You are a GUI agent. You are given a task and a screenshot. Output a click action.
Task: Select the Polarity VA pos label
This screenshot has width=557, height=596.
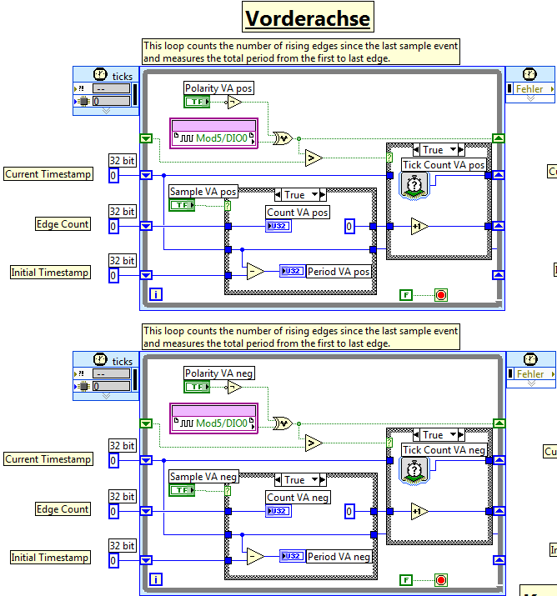(218, 88)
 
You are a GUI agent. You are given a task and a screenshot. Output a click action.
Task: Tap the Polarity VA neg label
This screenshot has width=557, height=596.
(218, 373)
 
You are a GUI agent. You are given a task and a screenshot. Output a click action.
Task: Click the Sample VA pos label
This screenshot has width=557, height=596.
(203, 192)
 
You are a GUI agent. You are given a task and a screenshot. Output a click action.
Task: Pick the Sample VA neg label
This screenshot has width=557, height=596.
(203, 477)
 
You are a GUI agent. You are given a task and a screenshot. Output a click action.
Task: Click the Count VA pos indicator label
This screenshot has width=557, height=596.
(298, 213)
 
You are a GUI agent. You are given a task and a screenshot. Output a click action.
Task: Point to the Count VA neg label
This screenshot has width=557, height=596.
(298, 498)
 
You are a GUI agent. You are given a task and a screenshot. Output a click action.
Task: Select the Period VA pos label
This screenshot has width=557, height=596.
(339, 272)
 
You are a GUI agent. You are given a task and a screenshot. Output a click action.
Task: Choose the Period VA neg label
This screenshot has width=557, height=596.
(339, 557)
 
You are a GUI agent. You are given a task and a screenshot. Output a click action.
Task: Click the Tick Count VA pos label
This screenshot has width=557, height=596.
(444, 165)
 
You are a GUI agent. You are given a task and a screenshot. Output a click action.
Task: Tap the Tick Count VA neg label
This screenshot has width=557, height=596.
(444, 450)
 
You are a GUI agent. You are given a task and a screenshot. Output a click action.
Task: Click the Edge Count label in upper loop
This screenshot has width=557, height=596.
(63, 224)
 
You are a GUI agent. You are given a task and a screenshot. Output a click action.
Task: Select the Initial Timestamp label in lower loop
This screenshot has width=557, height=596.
(50, 558)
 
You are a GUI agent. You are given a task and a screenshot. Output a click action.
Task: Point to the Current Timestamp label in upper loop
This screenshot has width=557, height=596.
(48, 174)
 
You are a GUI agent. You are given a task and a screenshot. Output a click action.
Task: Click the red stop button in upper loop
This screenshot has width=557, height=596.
(440, 294)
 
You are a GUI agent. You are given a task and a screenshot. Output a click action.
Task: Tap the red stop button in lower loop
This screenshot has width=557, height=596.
(440, 579)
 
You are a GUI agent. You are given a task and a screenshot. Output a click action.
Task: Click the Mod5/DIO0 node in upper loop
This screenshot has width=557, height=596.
(214, 133)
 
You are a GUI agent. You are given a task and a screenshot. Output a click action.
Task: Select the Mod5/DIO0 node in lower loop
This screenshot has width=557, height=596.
(214, 418)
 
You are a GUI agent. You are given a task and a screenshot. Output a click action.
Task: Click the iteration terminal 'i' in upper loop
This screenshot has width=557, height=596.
(156, 294)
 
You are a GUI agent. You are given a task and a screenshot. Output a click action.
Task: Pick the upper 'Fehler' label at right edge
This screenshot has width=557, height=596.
(530, 89)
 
